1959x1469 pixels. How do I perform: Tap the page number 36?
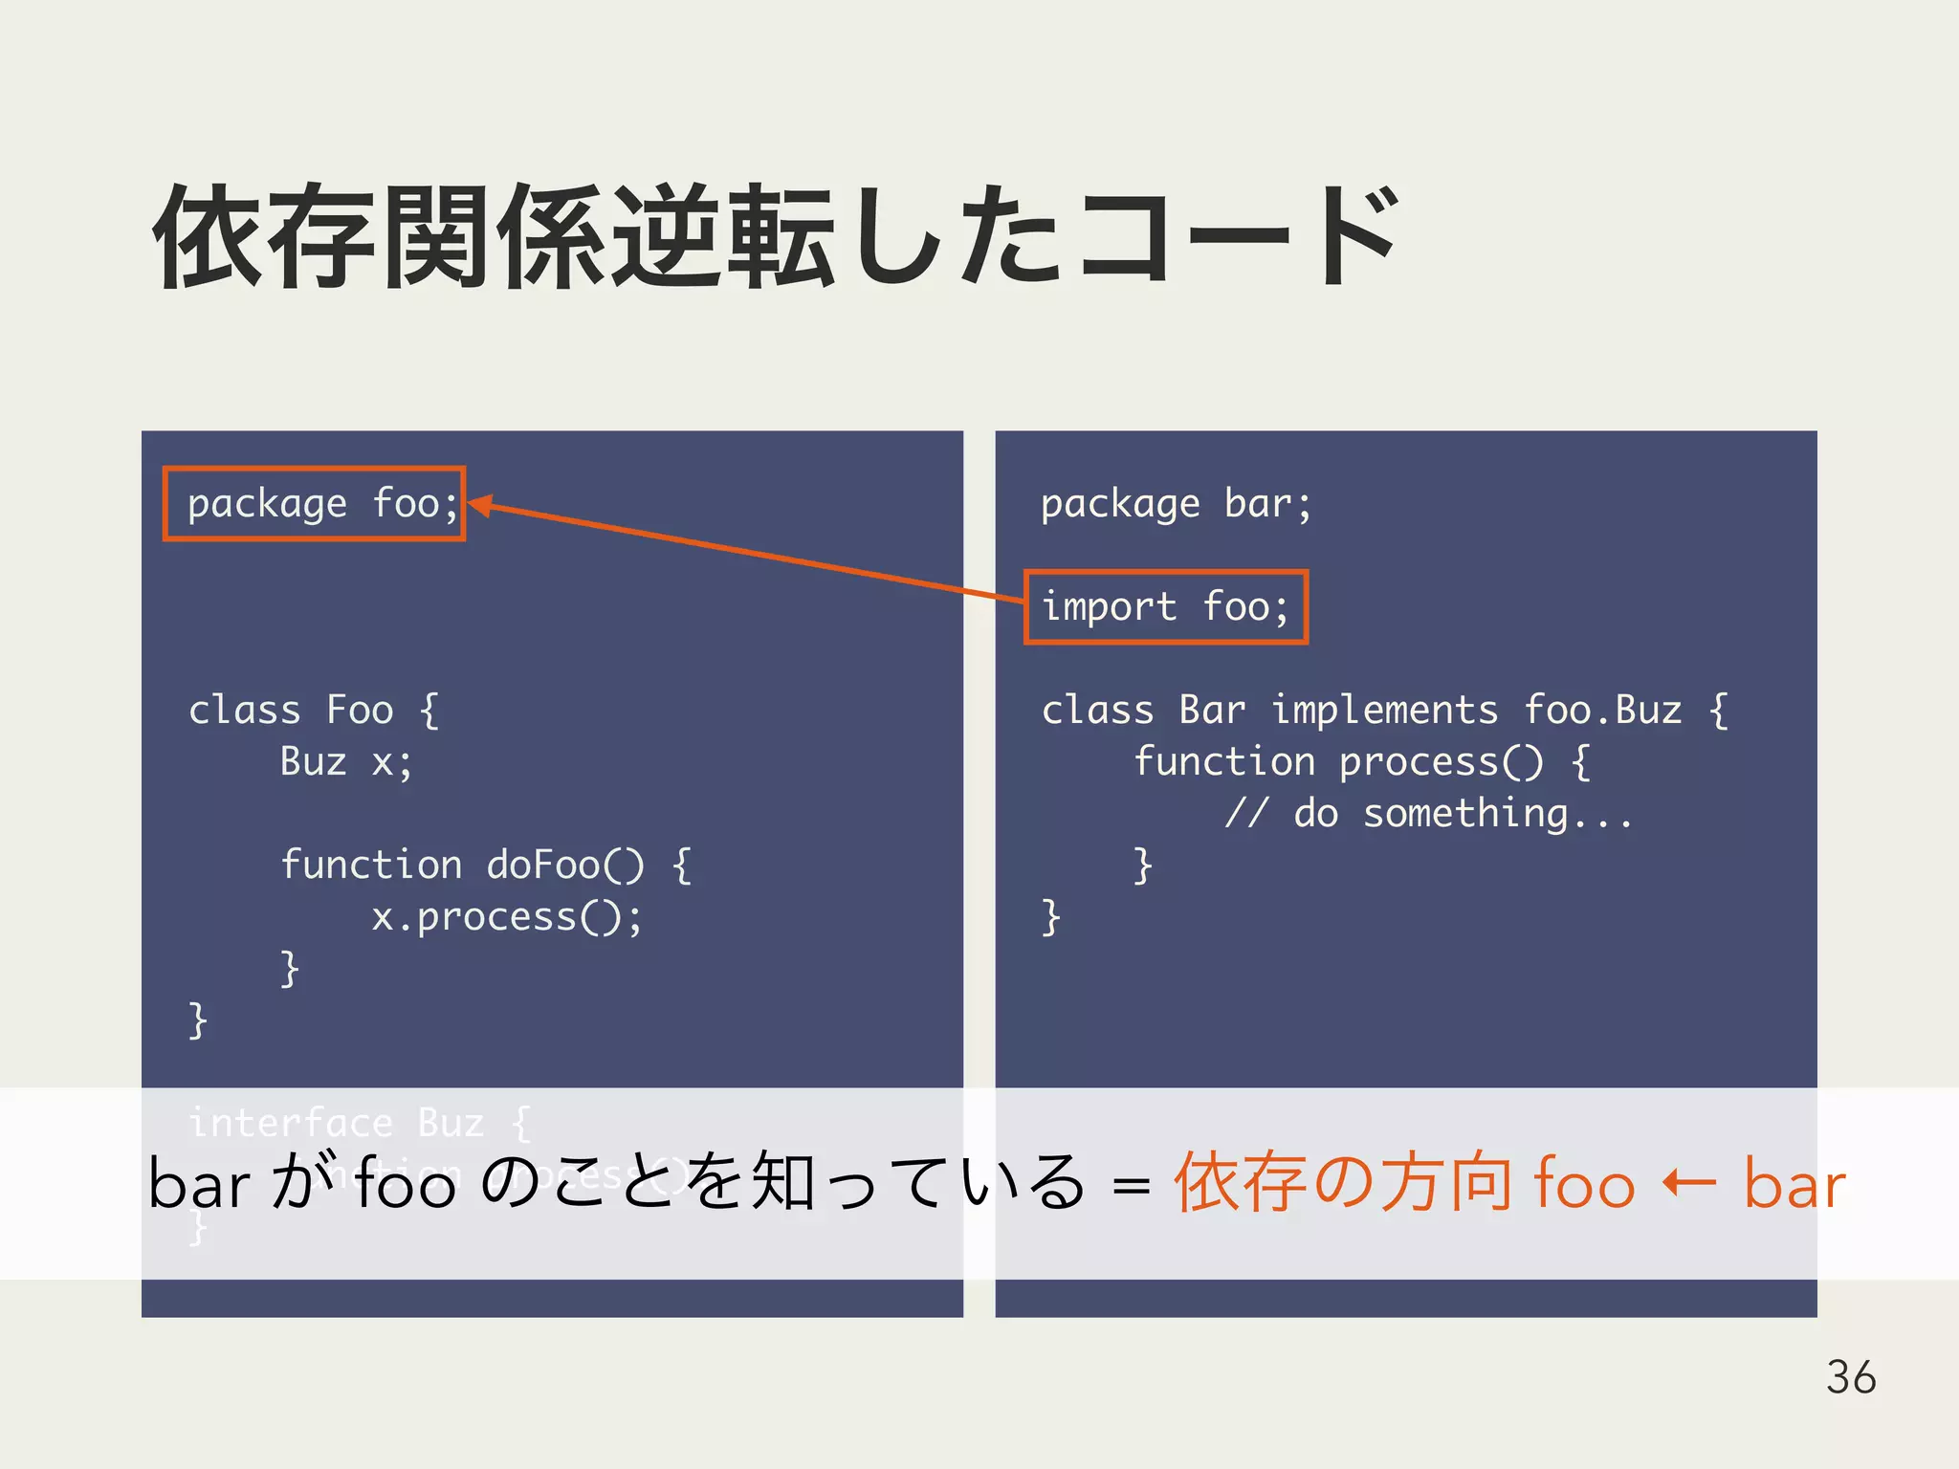coord(1850,1377)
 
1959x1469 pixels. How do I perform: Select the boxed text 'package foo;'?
coord(314,504)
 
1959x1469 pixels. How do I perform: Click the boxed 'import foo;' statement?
coord(1165,607)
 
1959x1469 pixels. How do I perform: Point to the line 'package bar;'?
coord(1176,504)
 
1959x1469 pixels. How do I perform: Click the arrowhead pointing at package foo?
coord(478,505)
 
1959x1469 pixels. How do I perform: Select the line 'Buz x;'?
coord(346,762)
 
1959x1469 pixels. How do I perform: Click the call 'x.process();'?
coord(506,917)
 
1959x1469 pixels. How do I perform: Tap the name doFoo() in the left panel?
coord(564,866)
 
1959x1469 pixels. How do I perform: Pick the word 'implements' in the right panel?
coord(1384,711)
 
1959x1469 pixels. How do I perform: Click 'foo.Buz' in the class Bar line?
coord(1602,711)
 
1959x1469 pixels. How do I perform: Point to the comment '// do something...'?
coord(1429,814)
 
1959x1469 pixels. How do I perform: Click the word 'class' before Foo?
coord(245,711)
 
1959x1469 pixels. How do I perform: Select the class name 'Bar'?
coord(1212,711)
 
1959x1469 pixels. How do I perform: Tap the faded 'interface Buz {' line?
coord(360,1123)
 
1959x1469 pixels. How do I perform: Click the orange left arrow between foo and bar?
coord(1688,1184)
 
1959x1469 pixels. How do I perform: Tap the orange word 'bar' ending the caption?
coord(1794,1184)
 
